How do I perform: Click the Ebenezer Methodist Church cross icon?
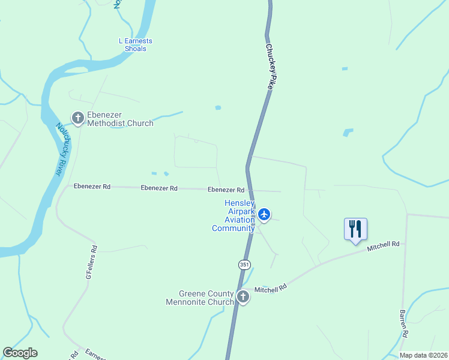click(x=77, y=117)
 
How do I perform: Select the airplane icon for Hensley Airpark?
click(x=265, y=214)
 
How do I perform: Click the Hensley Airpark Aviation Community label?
click(x=234, y=215)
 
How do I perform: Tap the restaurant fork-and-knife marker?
click(x=355, y=229)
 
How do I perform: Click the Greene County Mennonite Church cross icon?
click(x=243, y=296)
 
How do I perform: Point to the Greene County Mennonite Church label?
click(x=200, y=298)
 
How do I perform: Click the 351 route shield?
click(x=244, y=264)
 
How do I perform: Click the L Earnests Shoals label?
click(x=136, y=45)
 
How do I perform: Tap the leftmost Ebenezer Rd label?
click(x=92, y=187)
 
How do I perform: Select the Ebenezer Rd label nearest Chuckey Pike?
click(x=226, y=190)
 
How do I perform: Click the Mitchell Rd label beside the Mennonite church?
click(x=270, y=289)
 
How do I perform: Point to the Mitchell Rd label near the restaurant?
click(x=384, y=245)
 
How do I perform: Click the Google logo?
click(x=20, y=353)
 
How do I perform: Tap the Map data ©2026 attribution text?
click(x=424, y=355)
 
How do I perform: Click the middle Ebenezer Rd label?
click(x=159, y=188)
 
